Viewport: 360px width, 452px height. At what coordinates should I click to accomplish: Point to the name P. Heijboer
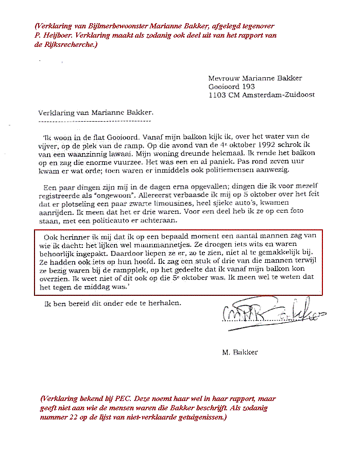(52, 36)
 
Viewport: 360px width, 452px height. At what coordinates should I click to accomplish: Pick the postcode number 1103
(218, 95)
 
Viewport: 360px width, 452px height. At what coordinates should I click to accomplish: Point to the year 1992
(260, 145)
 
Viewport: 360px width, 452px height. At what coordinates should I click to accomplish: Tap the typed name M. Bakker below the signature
(239, 353)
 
